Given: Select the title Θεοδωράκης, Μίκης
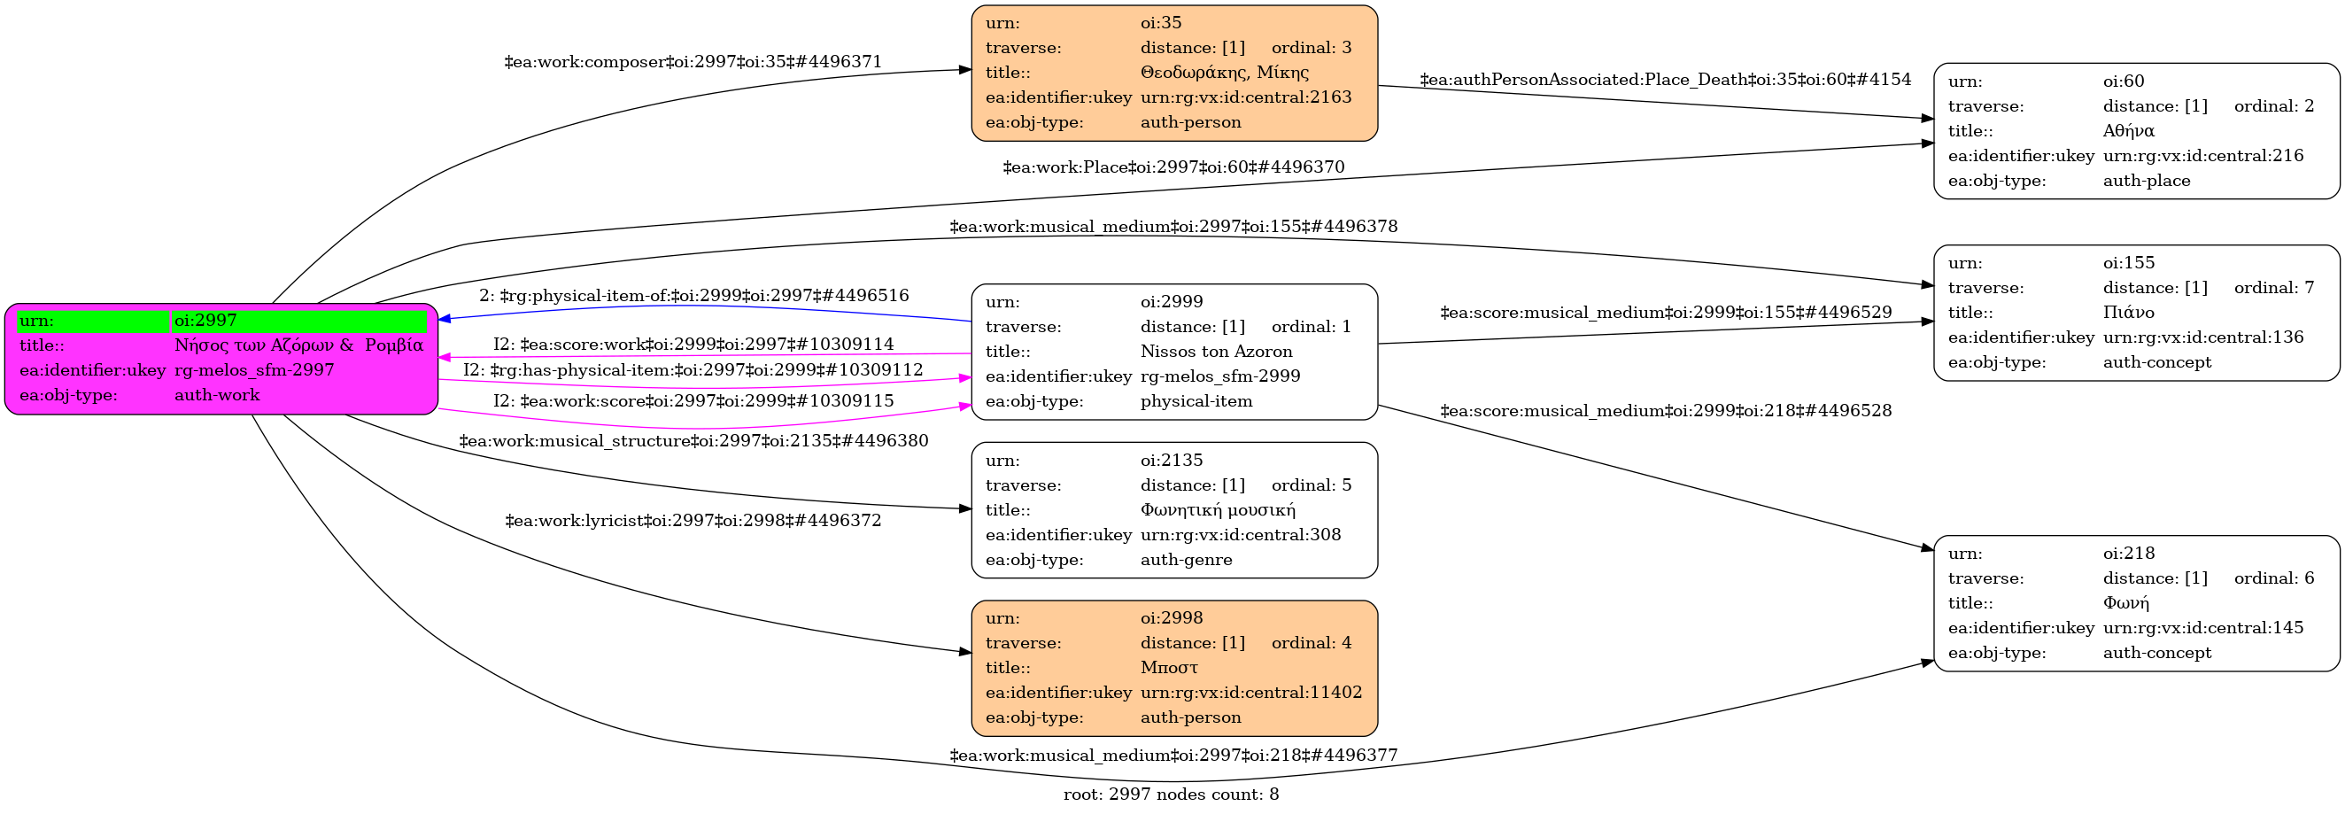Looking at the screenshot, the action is [x=1225, y=72].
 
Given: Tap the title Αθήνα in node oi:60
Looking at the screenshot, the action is [x=2128, y=130].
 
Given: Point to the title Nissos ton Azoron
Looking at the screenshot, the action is [x=1216, y=352].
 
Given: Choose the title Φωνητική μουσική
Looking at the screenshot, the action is [x=1218, y=510].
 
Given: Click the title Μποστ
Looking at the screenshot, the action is [x=1169, y=667].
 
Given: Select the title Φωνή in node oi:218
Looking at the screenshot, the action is [x=2125, y=603].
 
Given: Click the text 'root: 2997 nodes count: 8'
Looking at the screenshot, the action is [x=1172, y=795].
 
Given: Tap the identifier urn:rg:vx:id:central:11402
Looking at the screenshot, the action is [x=1250, y=692].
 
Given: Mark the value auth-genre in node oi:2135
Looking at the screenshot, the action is [x=1186, y=560].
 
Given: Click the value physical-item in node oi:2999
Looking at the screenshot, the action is [x=1196, y=401].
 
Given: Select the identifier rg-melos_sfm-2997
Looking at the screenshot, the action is [x=254, y=370].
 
